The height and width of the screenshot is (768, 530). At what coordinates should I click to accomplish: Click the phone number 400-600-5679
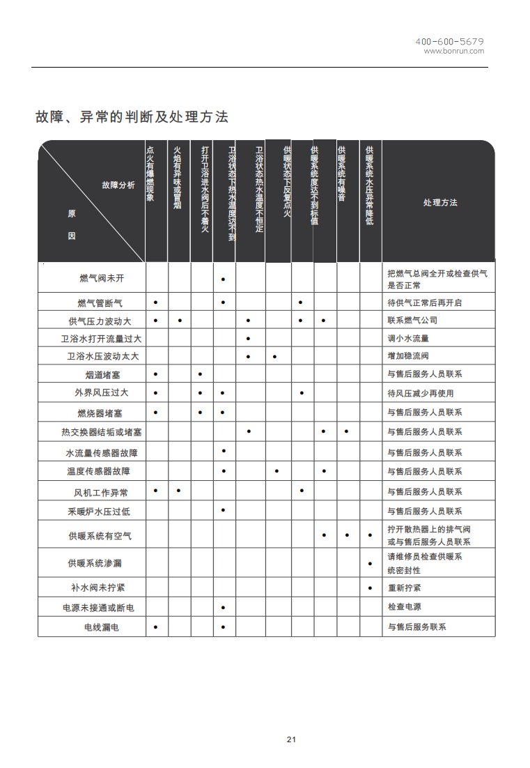pyautogui.click(x=449, y=42)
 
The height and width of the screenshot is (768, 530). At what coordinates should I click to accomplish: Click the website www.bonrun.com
pyautogui.click(x=453, y=51)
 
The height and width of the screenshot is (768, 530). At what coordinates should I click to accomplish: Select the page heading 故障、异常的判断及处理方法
pyautogui.click(x=132, y=117)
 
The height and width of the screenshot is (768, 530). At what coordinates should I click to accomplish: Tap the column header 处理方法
pyautogui.click(x=440, y=202)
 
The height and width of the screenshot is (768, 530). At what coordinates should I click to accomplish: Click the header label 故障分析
pyautogui.click(x=118, y=185)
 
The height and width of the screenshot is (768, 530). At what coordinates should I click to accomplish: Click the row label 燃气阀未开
pyautogui.click(x=102, y=278)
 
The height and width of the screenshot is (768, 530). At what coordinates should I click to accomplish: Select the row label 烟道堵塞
pyautogui.click(x=102, y=375)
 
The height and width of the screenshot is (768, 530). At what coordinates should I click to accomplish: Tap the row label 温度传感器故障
pyautogui.click(x=98, y=472)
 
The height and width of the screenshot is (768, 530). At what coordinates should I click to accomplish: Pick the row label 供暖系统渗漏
pyautogui.click(x=95, y=563)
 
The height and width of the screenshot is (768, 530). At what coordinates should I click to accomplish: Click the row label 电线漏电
pyautogui.click(x=102, y=627)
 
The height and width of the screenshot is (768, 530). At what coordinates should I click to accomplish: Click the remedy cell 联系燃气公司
pyautogui.click(x=412, y=321)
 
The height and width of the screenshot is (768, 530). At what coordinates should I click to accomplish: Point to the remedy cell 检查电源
pyautogui.click(x=404, y=608)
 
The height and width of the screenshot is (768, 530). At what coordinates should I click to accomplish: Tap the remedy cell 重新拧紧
pyautogui.click(x=404, y=588)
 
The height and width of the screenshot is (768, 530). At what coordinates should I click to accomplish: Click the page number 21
pyautogui.click(x=291, y=739)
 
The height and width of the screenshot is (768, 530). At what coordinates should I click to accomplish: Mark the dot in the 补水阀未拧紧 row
pyautogui.click(x=370, y=588)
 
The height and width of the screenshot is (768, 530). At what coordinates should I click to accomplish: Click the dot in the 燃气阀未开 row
pyautogui.click(x=223, y=279)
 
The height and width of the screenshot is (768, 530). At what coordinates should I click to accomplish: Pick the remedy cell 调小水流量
pyautogui.click(x=408, y=339)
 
